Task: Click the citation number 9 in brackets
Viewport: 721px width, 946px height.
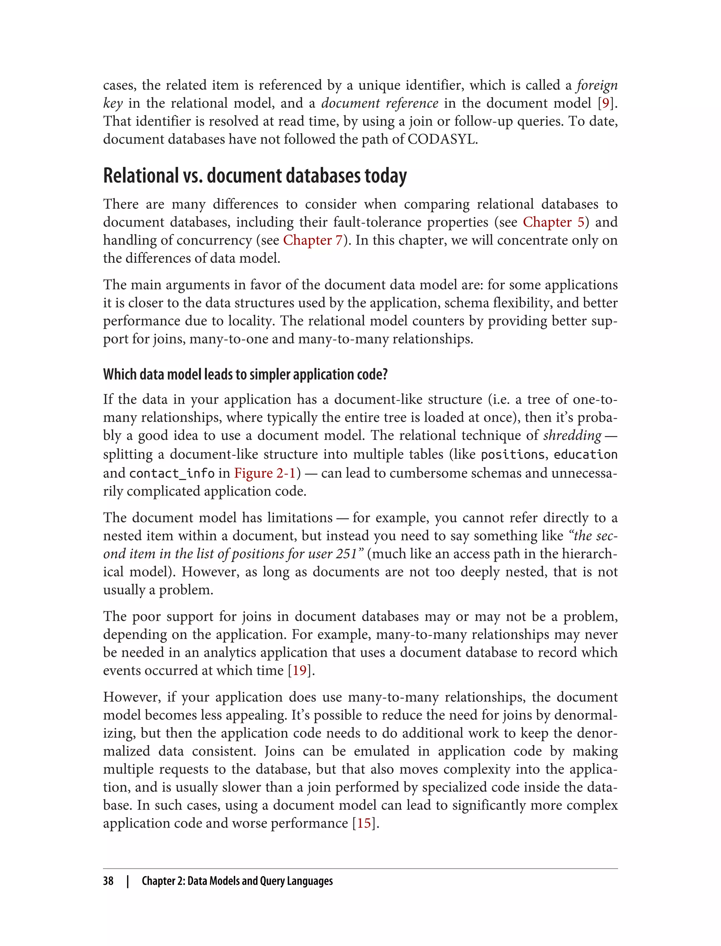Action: click(x=605, y=103)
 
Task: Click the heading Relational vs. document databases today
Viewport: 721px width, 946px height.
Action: click(x=255, y=176)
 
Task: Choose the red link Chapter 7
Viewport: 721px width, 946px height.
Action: click(x=312, y=240)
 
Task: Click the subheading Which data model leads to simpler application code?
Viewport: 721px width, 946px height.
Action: click(x=245, y=374)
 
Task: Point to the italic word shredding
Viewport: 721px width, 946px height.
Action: click(x=572, y=435)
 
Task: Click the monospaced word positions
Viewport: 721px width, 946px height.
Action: click(x=513, y=454)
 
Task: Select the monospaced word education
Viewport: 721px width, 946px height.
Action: click(x=585, y=454)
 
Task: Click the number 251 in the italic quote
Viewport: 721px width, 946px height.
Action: click(x=346, y=554)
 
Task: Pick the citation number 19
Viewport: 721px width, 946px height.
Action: click(x=300, y=670)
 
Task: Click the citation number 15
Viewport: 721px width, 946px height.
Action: click(x=364, y=823)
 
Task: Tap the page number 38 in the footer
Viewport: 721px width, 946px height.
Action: click(x=108, y=881)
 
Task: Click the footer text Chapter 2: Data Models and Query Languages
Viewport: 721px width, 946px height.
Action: click(x=237, y=881)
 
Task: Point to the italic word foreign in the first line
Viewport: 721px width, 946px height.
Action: click(x=596, y=86)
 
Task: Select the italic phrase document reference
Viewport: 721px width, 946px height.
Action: click(x=380, y=103)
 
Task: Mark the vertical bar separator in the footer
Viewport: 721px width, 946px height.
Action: click(x=127, y=881)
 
